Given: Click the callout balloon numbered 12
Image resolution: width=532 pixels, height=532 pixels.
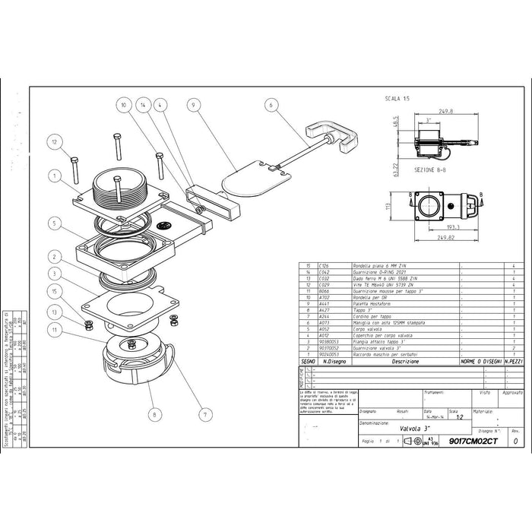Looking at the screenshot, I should pos(54,141).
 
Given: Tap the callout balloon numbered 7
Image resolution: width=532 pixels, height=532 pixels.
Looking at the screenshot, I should pos(204,415).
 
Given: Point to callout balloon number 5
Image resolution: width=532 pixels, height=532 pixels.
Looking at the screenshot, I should pos(54,223).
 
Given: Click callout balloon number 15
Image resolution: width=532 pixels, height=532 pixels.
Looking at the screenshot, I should pos(54,291).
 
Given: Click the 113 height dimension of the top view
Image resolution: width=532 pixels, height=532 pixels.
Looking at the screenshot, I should pos(388,205).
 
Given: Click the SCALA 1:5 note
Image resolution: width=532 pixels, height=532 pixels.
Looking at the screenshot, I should pos(397,99).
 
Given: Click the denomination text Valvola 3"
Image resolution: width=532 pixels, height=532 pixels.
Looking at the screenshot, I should pos(394,428).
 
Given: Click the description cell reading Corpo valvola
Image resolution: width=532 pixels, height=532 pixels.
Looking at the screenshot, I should pos(368,328).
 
